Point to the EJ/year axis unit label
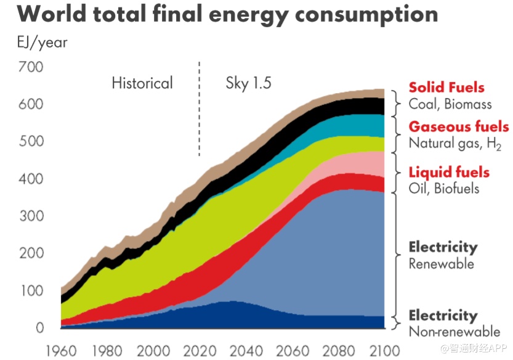coord(42,43)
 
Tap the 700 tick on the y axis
coord(31,67)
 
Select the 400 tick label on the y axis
coord(31,179)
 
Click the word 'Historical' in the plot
coord(142,83)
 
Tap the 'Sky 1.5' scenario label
coord(248,83)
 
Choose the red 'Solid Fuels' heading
coord(446,88)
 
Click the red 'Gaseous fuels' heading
coord(459,127)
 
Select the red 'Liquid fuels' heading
coord(449,172)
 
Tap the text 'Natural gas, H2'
coord(455,144)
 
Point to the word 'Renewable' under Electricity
coord(441,264)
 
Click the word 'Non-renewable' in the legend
coord(454,332)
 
